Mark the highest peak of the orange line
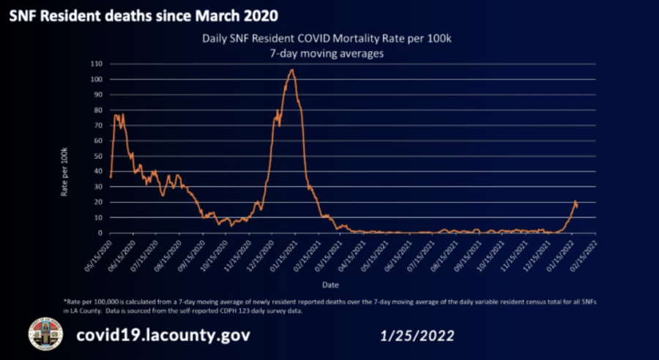point(292,70)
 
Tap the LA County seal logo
point(45,334)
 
